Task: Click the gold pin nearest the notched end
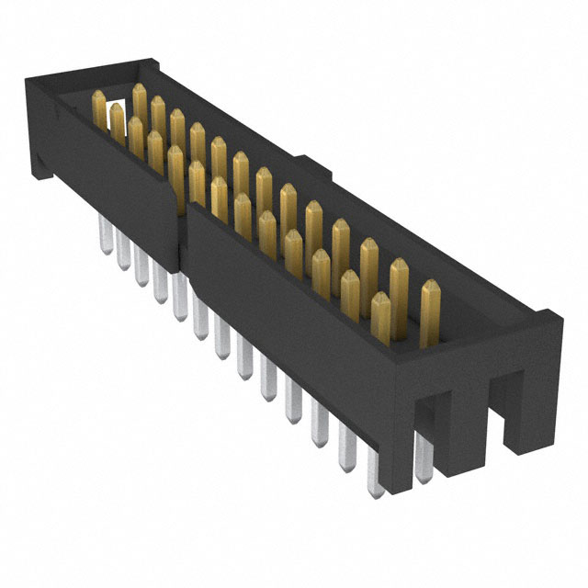(x=429, y=312)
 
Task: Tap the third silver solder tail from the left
(x=140, y=269)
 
